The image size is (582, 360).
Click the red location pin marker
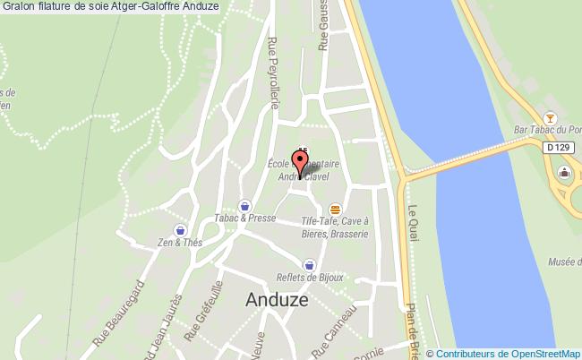(x=299, y=162)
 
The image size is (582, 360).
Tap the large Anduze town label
(x=277, y=301)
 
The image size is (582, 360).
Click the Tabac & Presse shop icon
(x=244, y=205)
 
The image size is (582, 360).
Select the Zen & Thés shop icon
(x=181, y=230)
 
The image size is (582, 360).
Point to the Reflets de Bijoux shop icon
(x=310, y=264)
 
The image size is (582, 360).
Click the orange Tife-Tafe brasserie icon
(x=335, y=208)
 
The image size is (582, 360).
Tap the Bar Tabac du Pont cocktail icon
(x=552, y=119)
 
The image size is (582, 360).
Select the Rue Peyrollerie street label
(x=274, y=73)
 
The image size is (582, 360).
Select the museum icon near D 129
(x=564, y=172)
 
